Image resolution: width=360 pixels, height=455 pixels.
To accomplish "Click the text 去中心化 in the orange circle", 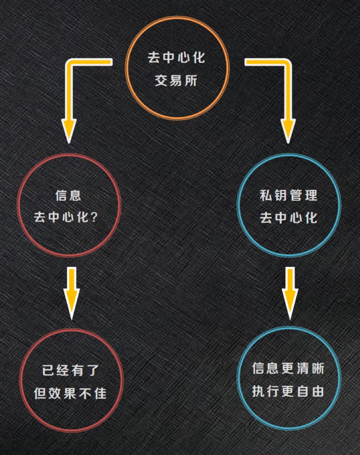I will coord(176,58).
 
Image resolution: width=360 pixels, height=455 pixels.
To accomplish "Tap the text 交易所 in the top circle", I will coord(176,80).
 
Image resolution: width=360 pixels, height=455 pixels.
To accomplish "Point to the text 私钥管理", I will coord(288,195).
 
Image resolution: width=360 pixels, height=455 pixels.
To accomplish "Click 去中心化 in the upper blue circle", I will coord(288,218).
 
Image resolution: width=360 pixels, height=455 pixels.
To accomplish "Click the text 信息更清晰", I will coord(288,368).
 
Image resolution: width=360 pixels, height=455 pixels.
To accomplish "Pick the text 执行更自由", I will coord(288,391).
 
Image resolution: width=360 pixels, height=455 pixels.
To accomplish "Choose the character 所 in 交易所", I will coord(191,80).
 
